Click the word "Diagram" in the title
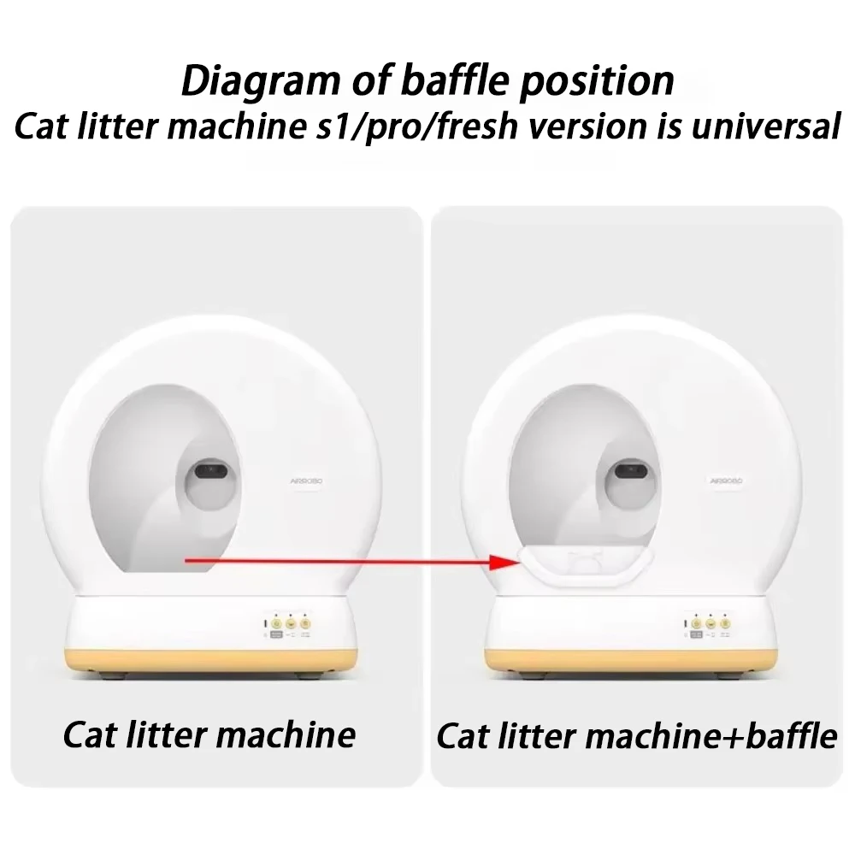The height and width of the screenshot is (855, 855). (247, 81)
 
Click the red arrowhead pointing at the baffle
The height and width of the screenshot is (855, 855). (503, 563)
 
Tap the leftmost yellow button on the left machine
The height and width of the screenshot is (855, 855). (276, 623)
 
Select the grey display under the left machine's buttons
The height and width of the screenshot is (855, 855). (276, 635)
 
